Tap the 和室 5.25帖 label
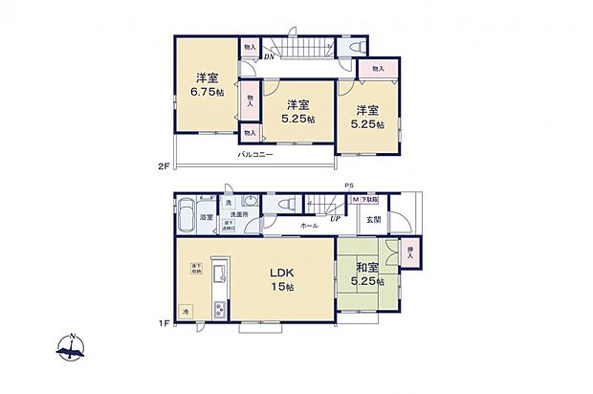[365, 275]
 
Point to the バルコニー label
[255, 153]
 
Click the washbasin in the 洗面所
[251, 203]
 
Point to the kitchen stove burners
[218, 309]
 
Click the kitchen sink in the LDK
[218, 277]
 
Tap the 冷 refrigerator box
[187, 310]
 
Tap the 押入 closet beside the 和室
[410, 254]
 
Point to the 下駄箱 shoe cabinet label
[369, 201]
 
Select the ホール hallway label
[309, 226]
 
